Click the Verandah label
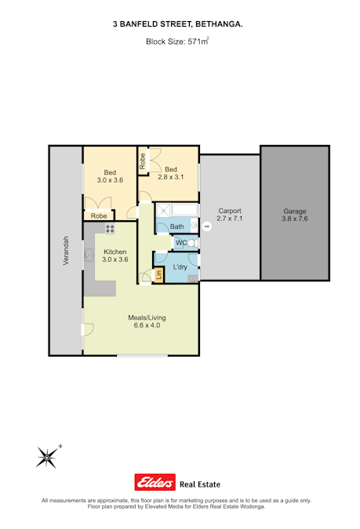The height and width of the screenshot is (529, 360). (66, 250)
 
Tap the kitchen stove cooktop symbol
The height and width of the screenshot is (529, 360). (110, 229)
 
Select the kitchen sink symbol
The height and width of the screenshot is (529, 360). (89, 255)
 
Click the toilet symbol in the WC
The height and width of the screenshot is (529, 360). (192, 243)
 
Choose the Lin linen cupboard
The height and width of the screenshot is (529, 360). (158, 275)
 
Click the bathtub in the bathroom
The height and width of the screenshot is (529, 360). (184, 210)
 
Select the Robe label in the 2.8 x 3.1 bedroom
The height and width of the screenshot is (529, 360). (143, 161)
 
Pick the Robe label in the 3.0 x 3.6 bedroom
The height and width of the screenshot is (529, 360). (99, 216)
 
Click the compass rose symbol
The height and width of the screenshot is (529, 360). (48, 457)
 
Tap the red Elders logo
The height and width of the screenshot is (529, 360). (155, 482)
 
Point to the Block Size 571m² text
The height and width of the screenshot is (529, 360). (177, 42)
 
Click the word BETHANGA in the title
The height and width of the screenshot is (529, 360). (219, 24)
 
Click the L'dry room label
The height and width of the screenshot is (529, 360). (180, 267)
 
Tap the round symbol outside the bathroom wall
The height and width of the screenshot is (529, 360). (207, 226)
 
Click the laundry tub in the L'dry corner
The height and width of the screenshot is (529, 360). (193, 278)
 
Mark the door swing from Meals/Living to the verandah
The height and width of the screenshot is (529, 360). (89, 330)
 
